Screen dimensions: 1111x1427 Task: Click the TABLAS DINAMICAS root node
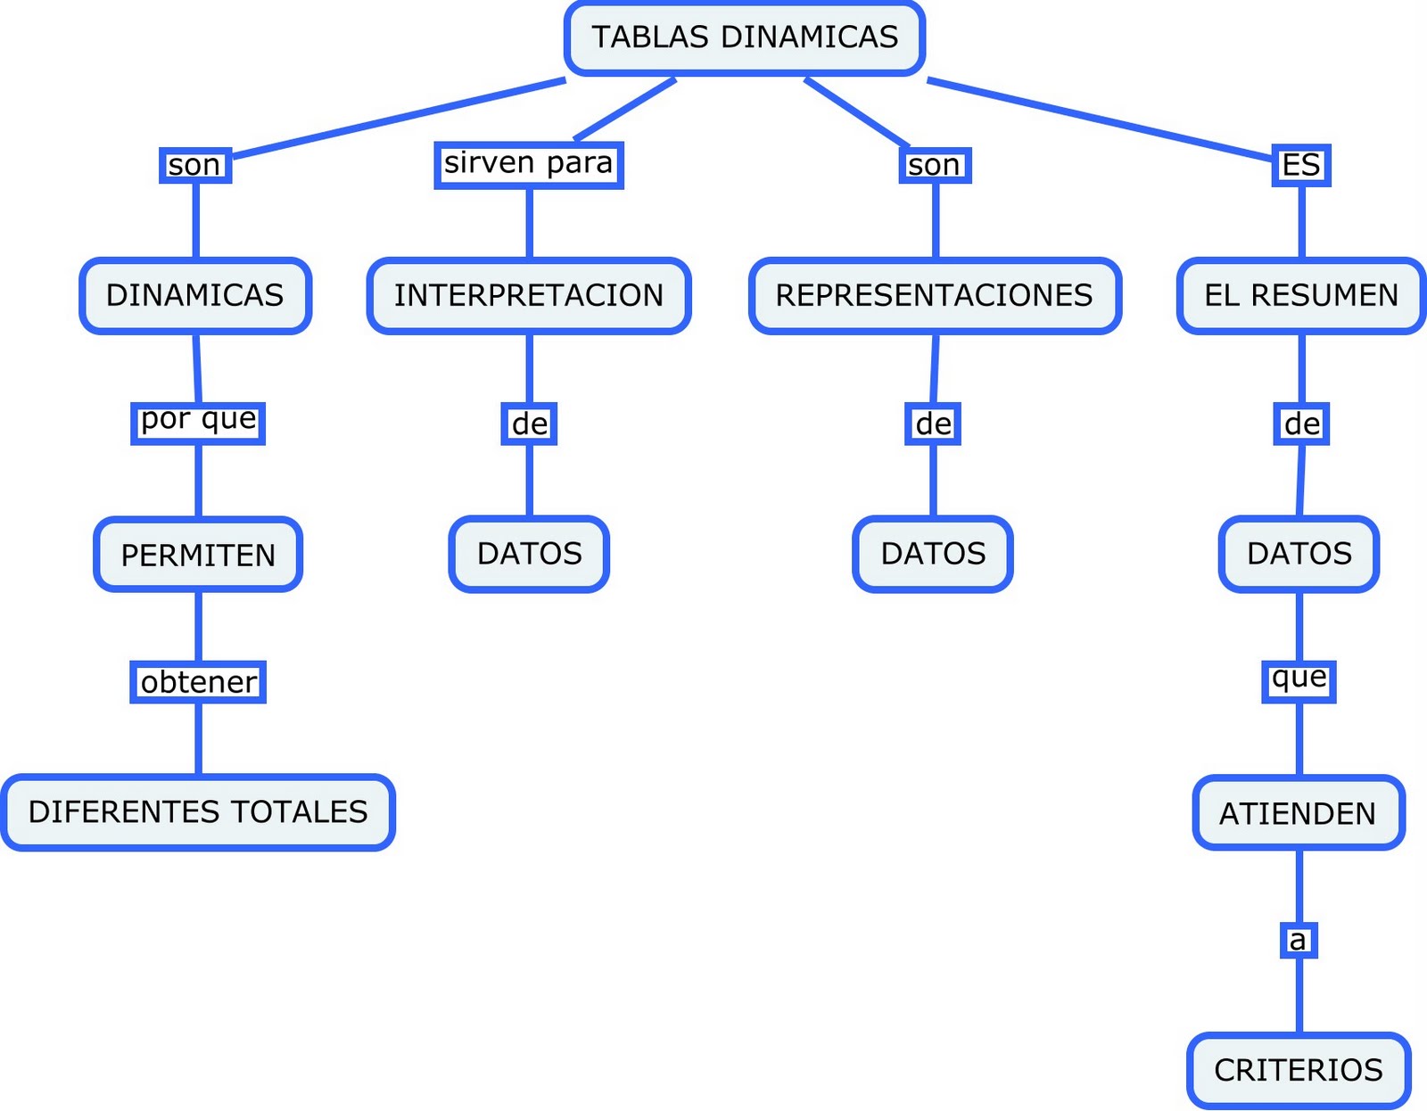[745, 38]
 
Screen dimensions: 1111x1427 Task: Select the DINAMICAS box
[195, 296]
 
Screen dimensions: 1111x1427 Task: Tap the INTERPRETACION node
[529, 296]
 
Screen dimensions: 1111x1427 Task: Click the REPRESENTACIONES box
[935, 296]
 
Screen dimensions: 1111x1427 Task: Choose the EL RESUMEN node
[1301, 296]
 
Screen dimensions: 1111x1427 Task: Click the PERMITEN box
[198, 555]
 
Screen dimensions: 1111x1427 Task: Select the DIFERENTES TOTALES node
[198, 812]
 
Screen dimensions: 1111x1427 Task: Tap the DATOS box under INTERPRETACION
[529, 554]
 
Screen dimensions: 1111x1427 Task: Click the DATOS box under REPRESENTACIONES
[933, 554]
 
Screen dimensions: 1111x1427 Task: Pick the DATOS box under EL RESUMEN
[1299, 554]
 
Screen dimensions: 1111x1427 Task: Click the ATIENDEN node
[1299, 813]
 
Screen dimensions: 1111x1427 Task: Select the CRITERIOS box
[1299, 1070]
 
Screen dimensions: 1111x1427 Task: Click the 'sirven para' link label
[529, 165]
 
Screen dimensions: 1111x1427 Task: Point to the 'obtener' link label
[198, 682]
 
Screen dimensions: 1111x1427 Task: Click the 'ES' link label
[1301, 165]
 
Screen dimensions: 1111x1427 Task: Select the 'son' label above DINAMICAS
[195, 166]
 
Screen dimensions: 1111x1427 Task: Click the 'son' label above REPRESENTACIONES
[935, 166]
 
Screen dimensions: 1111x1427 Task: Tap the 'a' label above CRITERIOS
[1299, 940]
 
